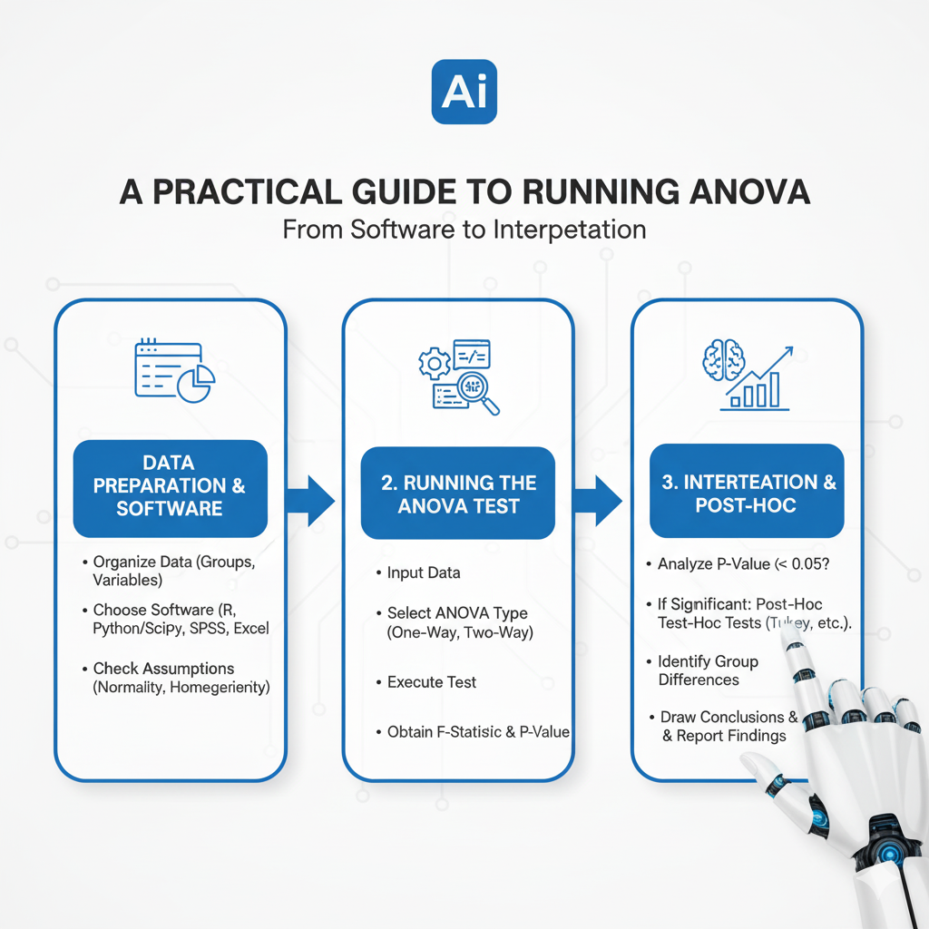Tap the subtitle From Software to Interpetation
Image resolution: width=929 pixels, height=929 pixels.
(464, 229)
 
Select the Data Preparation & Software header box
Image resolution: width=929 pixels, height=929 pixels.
(170, 487)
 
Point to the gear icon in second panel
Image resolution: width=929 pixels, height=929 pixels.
(433, 363)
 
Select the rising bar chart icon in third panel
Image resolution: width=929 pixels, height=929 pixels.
(760, 381)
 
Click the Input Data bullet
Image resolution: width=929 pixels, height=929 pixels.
(423, 572)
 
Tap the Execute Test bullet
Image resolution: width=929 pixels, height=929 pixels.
(431, 681)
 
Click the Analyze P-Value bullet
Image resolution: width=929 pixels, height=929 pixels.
(743, 563)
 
